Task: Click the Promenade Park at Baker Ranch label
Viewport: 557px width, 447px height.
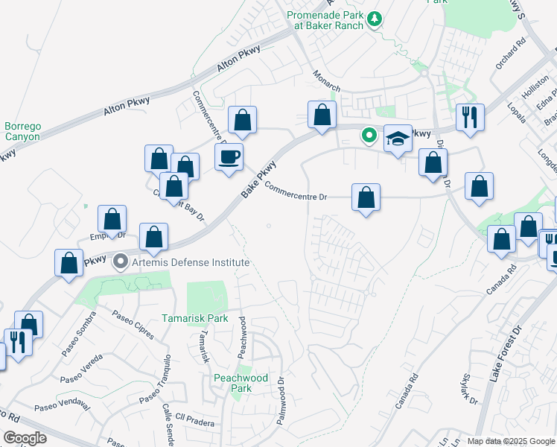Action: [326, 19]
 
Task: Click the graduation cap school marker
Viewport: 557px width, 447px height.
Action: [398, 138]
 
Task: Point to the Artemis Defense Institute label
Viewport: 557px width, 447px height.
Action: [190, 263]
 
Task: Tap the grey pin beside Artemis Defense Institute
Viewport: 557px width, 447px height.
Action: [120, 263]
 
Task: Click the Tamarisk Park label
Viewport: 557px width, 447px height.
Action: [195, 318]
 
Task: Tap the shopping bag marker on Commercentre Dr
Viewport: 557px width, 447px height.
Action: [366, 198]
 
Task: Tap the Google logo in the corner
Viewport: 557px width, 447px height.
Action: [25, 438]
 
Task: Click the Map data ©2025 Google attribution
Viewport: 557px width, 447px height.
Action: [512, 440]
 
